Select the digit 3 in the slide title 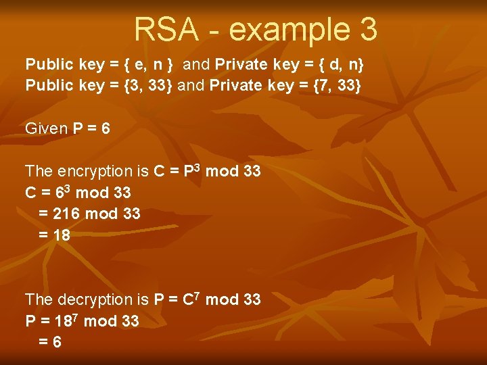click(365, 29)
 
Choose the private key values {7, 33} click(331, 86)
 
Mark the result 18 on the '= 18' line click(62, 236)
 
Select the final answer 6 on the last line click(57, 342)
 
